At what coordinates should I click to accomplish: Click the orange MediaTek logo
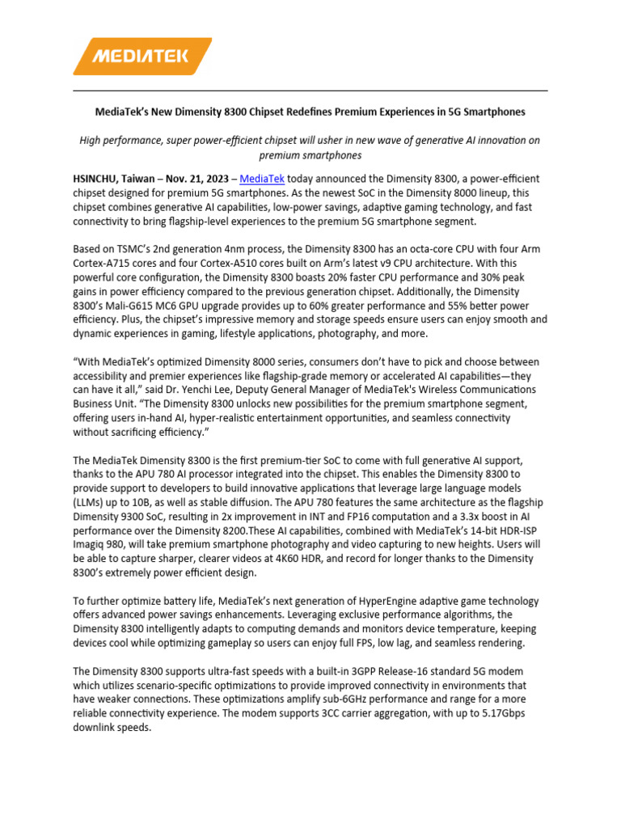pos(142,56)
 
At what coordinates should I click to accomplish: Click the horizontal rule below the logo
pos(310,91)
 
